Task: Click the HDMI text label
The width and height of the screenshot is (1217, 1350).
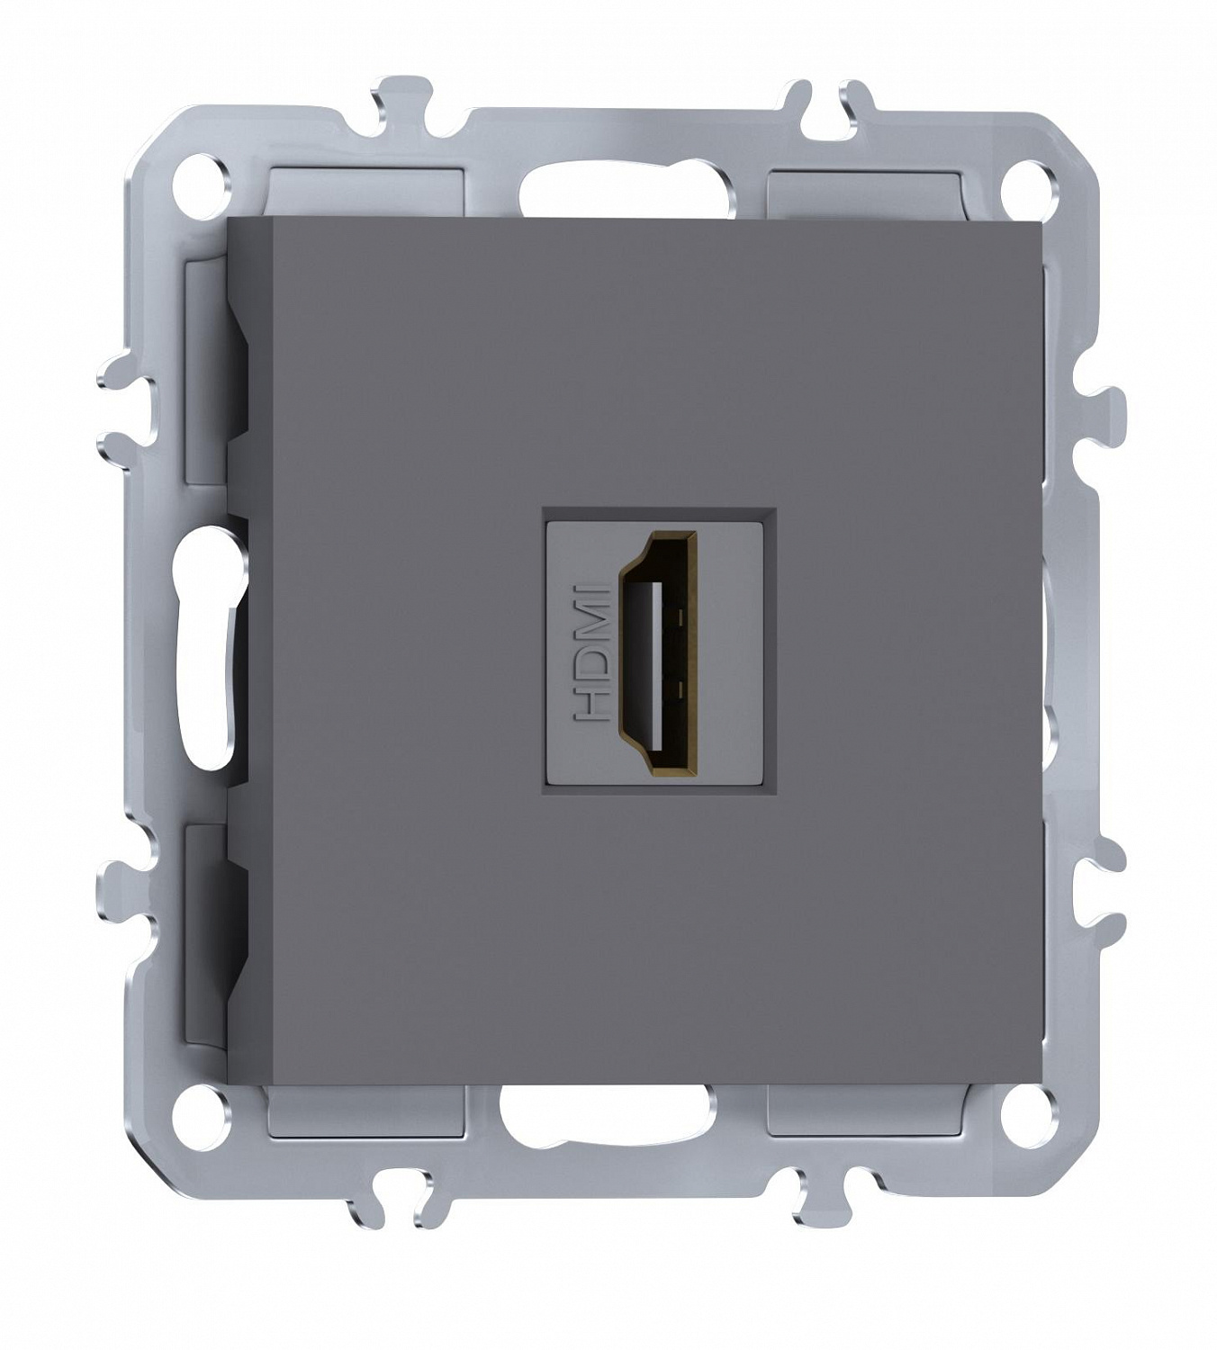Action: coord(591,652)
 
